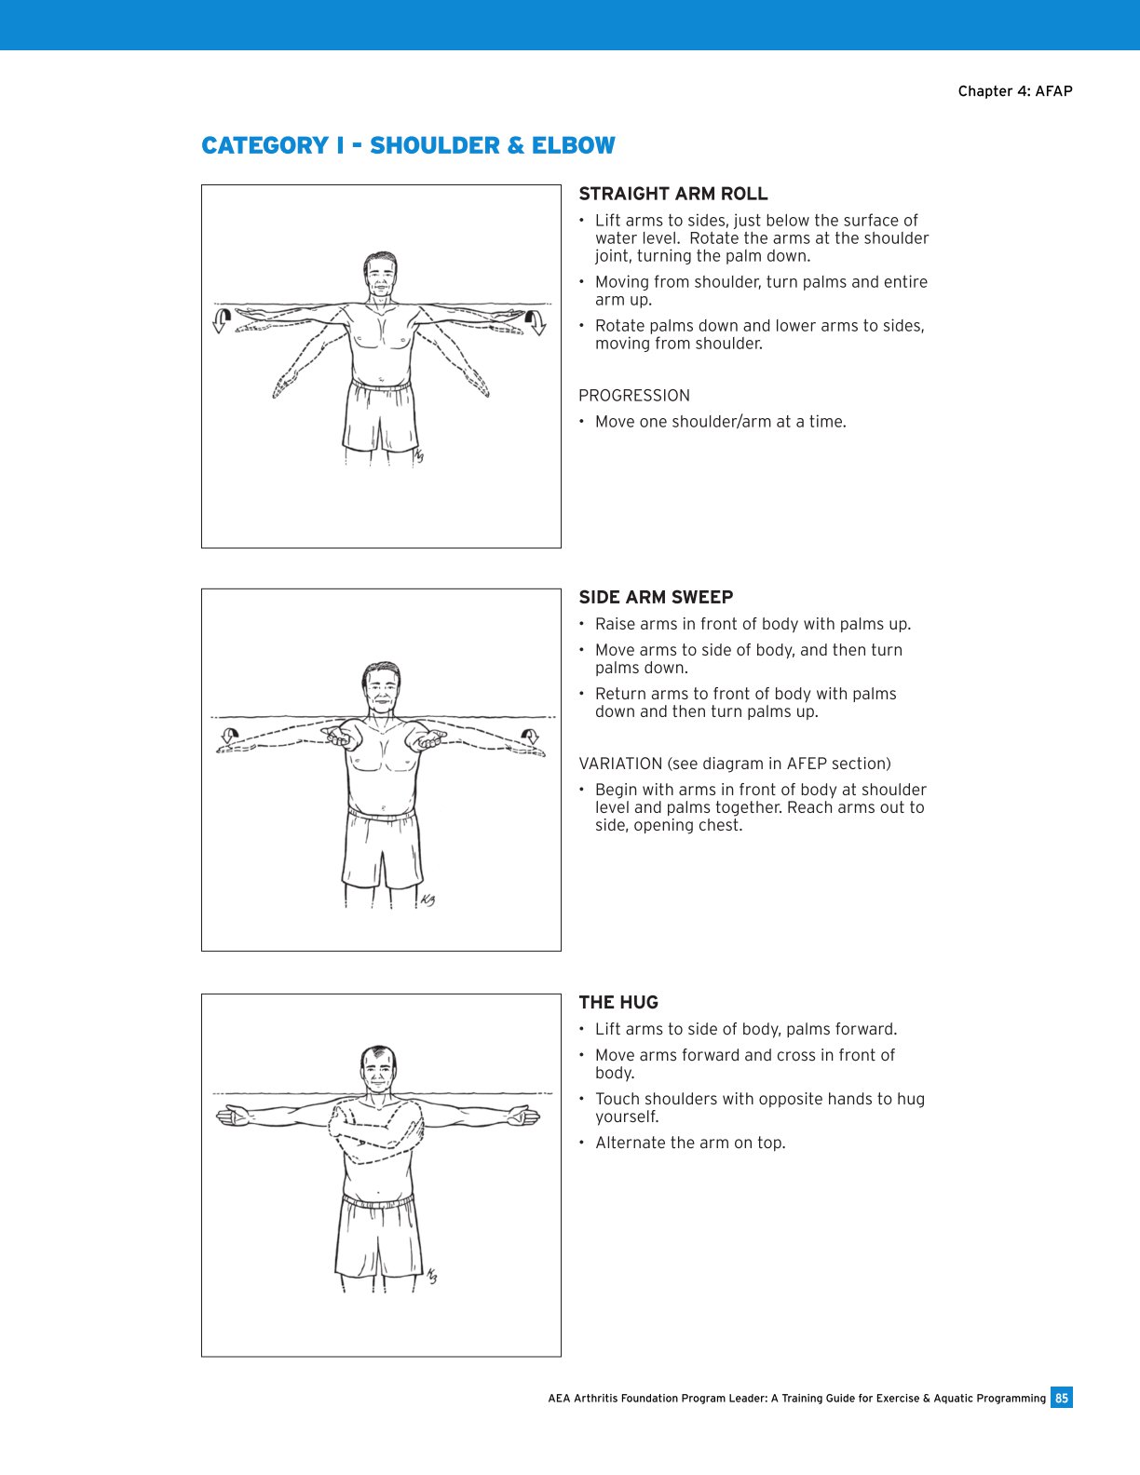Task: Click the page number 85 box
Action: coord(1061,1398)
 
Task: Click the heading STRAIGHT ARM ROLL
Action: coord(673,194)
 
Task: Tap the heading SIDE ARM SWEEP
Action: coord(656,597)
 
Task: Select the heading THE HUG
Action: coord(618,1002)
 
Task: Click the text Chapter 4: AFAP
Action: coord(1015,90)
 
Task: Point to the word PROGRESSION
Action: coord(634,395)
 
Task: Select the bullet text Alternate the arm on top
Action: coord(690,1143)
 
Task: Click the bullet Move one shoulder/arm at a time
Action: coord(720,421)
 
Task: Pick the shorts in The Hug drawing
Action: coord(377,1238)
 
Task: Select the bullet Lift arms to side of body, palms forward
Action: coord(745,1029)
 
